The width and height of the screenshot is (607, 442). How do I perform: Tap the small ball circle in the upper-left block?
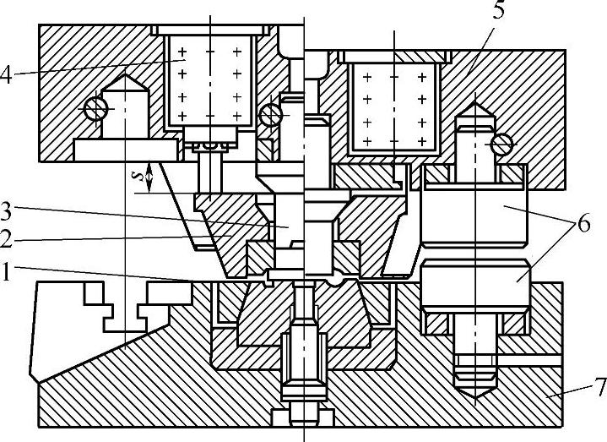(x=95, y=108)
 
